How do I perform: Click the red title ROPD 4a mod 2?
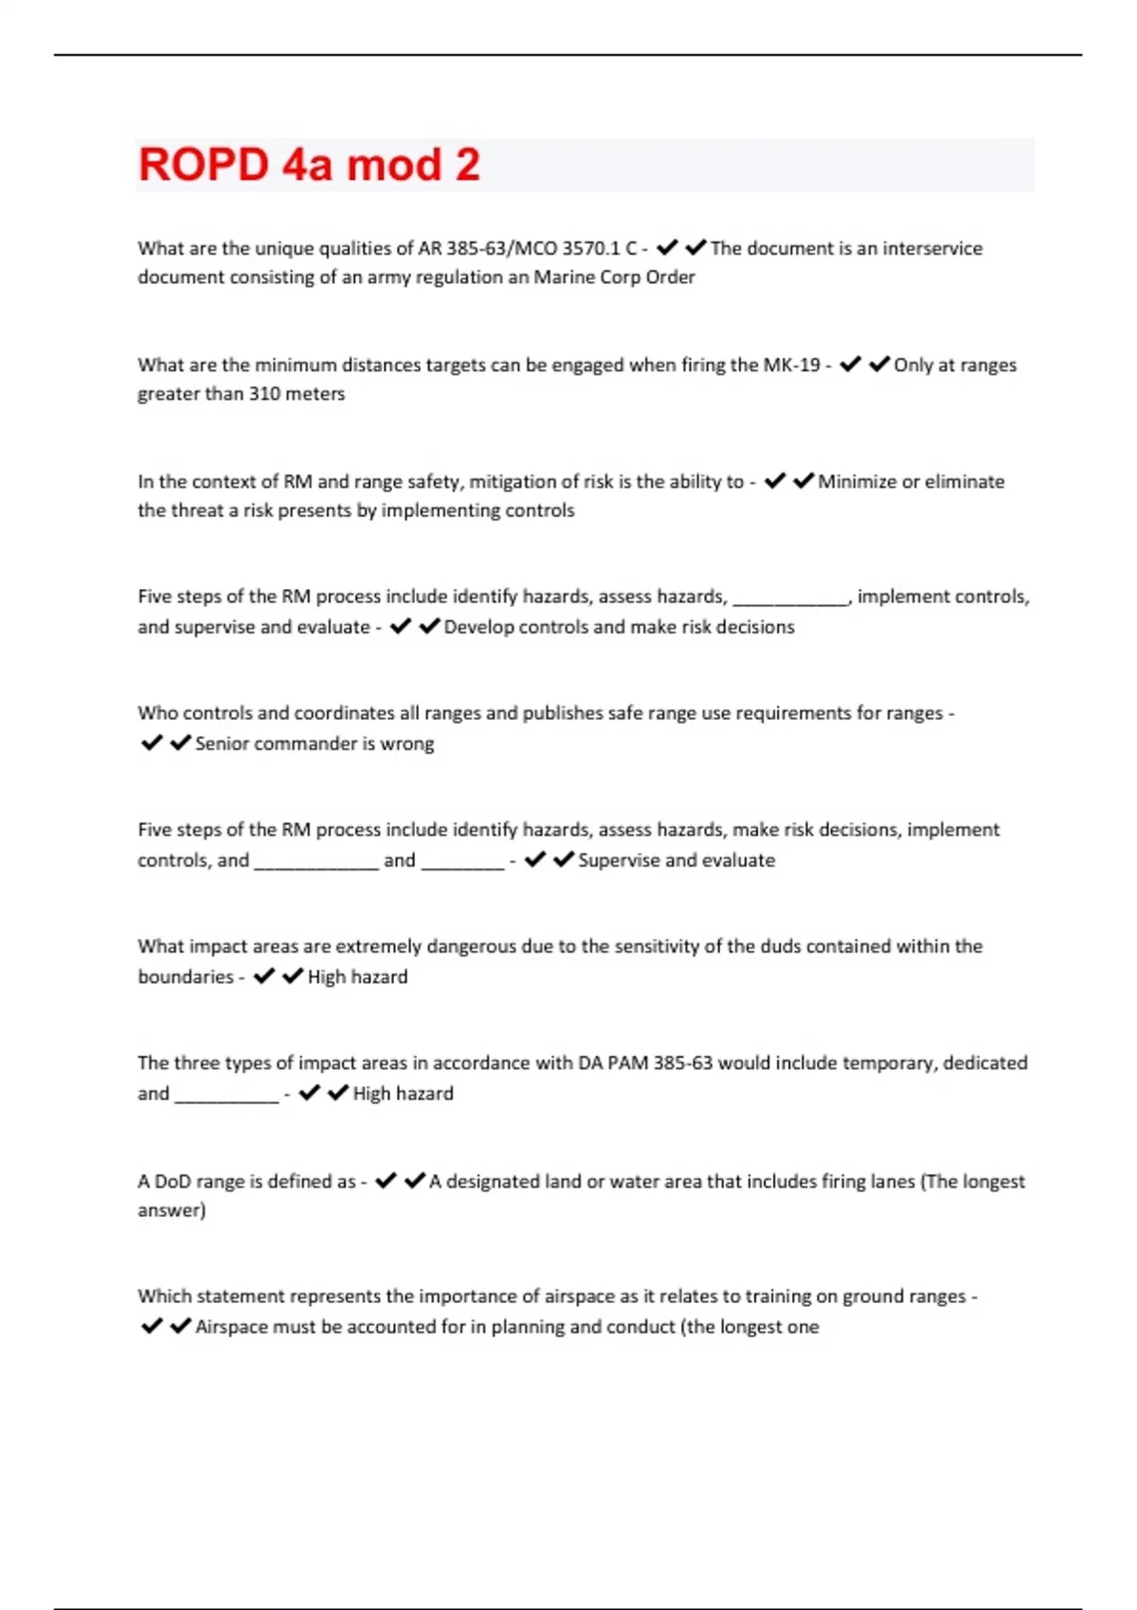point(309,165)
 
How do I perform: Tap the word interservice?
point(932,248)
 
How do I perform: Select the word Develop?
point(478,627)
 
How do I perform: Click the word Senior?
point(224,743)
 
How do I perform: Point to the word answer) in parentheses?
point(171,1210)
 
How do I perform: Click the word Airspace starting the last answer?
point(231,1327)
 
